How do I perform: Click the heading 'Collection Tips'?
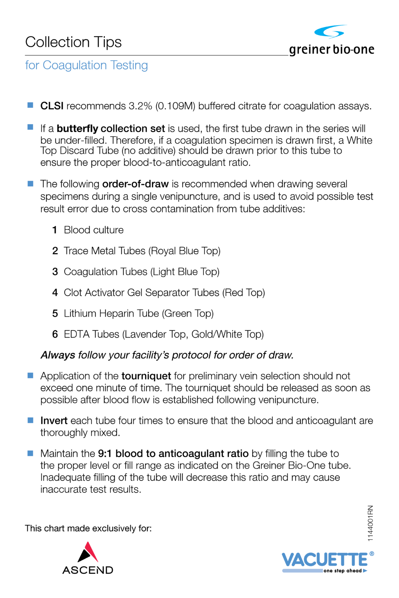click(73, 42)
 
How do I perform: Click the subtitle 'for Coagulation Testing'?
click(87, 65)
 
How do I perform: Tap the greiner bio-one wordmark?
click(332, 49)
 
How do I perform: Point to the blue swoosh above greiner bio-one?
click(330, 32)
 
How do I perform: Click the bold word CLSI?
click(52, 106)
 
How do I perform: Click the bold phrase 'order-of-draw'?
click(135, 184)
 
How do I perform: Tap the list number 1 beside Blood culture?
click(55, 230)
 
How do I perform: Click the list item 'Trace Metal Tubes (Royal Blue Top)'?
click(142, 251)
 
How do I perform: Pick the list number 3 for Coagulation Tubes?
click(55, 272)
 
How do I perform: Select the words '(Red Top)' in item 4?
click(244, 292)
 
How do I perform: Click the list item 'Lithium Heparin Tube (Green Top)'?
click(138, 313)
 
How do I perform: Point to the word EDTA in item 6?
click(75, 334)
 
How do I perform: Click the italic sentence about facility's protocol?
click(167, 355)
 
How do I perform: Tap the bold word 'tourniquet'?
click(146, 376)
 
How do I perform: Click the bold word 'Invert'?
click(54, 420)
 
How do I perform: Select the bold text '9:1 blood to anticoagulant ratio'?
click(173, 454)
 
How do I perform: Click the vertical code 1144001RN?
click(370, 523)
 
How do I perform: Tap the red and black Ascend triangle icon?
click(88, 552)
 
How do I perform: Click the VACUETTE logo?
click(325, 560)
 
